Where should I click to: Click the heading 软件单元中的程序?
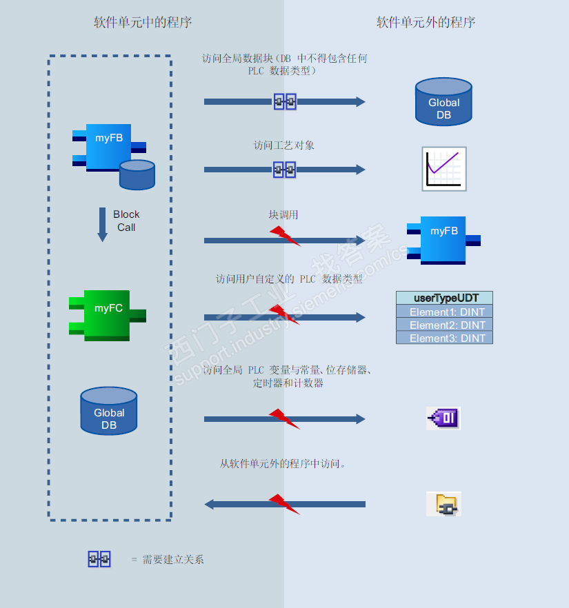(143, 23)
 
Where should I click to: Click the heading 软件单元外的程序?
(426, 23)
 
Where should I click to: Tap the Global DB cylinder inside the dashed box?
(109, 412)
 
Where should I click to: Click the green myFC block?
(108, 315)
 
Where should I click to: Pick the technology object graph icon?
(444, 169)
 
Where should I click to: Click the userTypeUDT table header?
(444, 298)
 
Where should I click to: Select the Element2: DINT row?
(444, 325)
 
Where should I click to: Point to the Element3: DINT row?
(444, 338)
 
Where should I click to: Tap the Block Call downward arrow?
(102, 225)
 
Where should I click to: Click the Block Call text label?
(126, 221)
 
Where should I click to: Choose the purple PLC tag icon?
(443, 418)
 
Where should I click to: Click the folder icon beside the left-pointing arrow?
(443, 505)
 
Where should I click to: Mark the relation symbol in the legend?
(99, 559)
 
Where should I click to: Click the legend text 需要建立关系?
(173, 560)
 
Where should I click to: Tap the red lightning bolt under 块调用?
(284, 236)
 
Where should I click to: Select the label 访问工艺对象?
(284, 145)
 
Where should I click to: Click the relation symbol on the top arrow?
(285, 102)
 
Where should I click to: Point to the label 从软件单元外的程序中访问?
(283, 464)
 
